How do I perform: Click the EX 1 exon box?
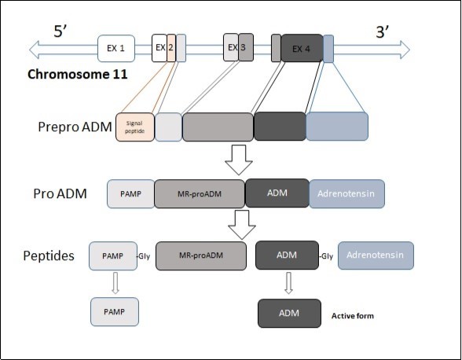pyautogui.click(x=115, y=49)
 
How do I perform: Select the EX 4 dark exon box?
pyautogui.click(x=302, y=49)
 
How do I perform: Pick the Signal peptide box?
pyautogui.click(x=134, y=127)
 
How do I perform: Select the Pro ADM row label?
pyautogui.click(x=60, y=193)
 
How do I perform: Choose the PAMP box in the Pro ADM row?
pyautogui.click(x=130, y=193)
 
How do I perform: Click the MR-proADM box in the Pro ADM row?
pyautogui.click(x=199, y=193)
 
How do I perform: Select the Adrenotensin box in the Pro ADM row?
pyautogui.click(x=346, y=193)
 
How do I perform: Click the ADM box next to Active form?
pyautogui.click(x=289, y=313)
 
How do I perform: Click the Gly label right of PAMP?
pyautogui.click(x=144, y=256)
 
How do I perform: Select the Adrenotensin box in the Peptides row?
pyautogui.click(x=375, y=255)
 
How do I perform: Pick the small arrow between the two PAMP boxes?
pyautogui.click(x=115, y=283)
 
